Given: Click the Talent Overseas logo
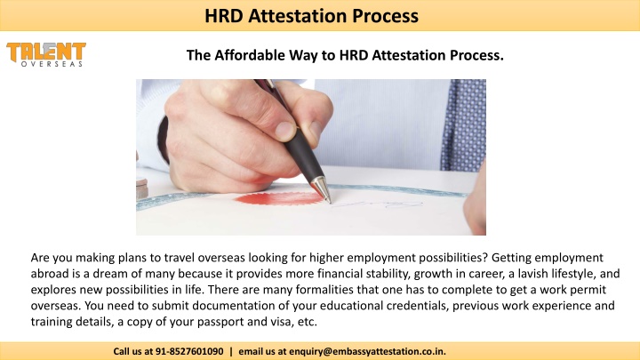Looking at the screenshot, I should tap(46, 55).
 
